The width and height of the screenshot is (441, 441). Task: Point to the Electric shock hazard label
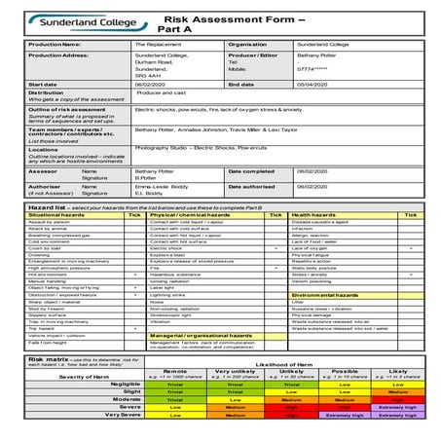(166, 248)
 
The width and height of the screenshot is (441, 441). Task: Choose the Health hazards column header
(314, 214)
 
